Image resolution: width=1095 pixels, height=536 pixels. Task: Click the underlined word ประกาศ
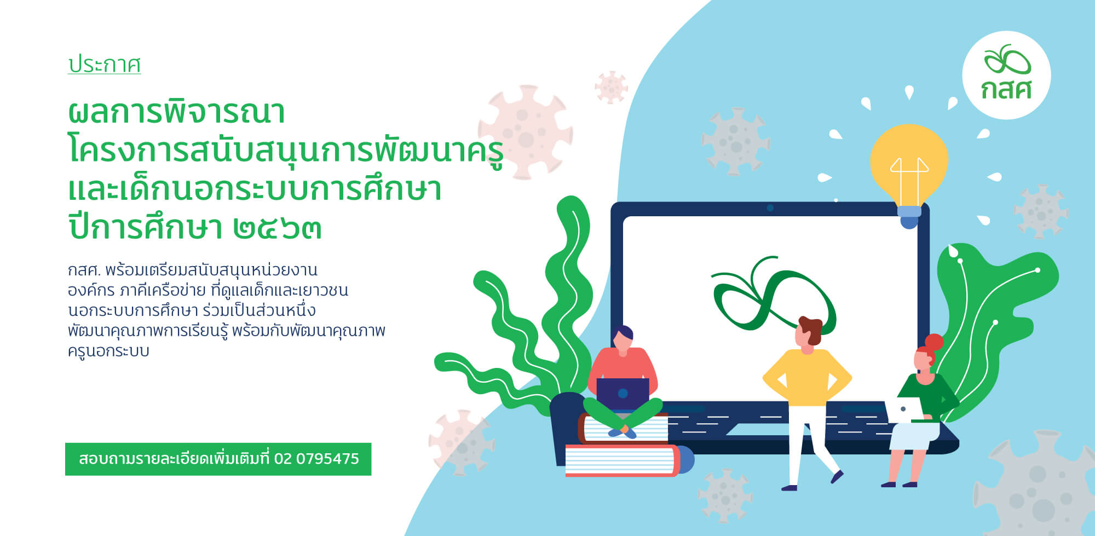click(x=104, y=65)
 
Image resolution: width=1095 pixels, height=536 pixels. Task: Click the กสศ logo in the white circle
click(x=1007, y=73)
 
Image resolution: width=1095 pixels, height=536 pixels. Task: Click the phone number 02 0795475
click(x=316, y=459)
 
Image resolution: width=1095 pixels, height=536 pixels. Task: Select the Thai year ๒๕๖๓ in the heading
click(x=277, y=228)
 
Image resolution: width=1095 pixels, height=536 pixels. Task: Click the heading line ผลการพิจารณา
click(x=176, y=112)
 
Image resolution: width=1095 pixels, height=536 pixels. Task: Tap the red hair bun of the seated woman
click(x=933, y=343)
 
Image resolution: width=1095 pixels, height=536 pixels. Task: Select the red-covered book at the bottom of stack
click(x=627, y=460)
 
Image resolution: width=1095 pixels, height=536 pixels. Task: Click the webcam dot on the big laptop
click(x=770, y=208)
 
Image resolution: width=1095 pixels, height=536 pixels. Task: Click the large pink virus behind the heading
click(x=525, y=132)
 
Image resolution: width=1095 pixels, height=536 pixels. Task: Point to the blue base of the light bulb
click(x=909, y=217)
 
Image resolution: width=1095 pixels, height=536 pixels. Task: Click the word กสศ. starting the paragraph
click(x=84, y=270)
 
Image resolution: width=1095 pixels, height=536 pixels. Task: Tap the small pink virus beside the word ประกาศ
click(x=611, y=87)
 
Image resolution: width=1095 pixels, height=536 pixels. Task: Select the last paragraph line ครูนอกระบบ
click(x=108, y=351)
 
